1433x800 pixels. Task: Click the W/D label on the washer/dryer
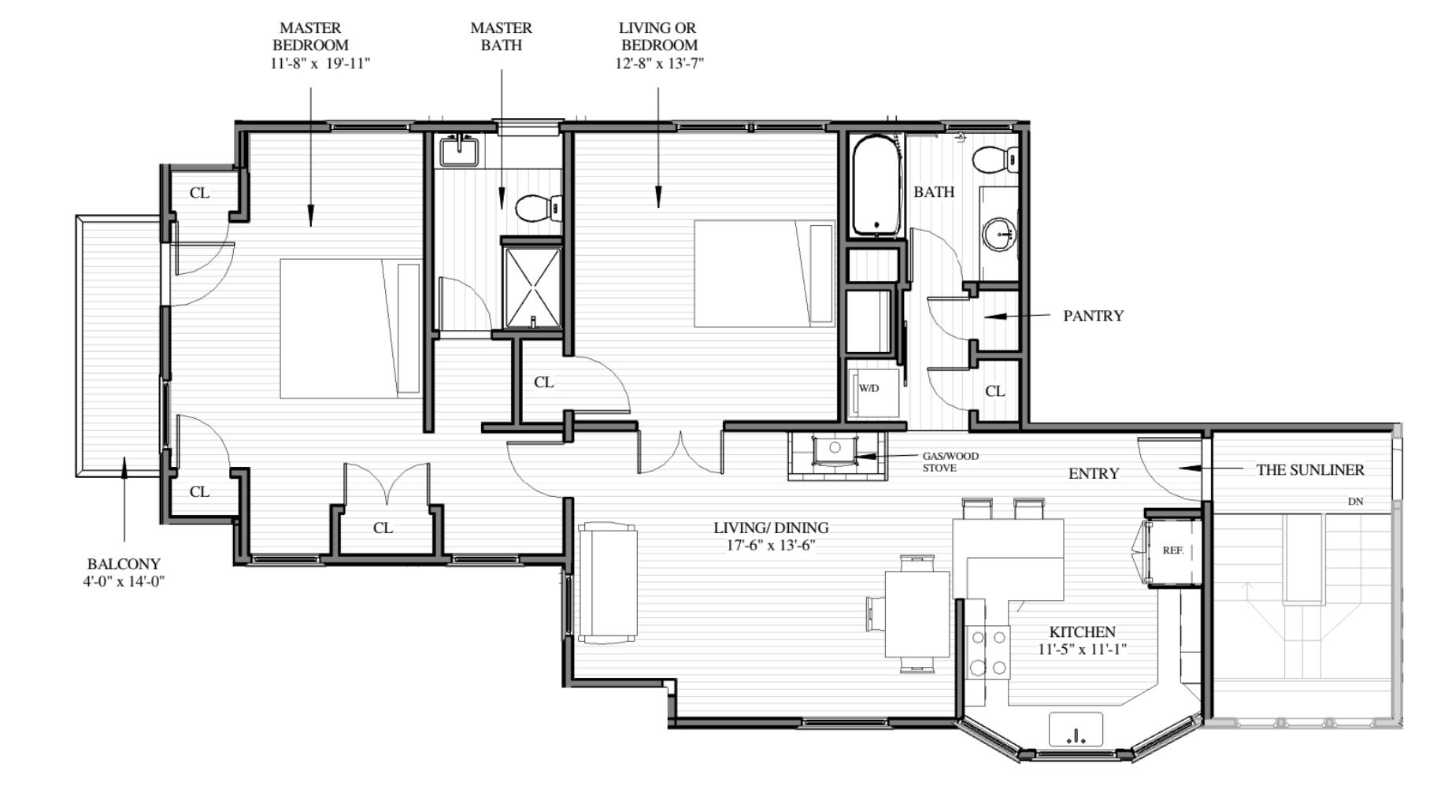[868, 388]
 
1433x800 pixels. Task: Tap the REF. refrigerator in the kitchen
[1173, 551]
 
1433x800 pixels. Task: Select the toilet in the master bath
[539, 209]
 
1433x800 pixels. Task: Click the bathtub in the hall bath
[876, 187]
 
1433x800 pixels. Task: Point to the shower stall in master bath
[533, 287]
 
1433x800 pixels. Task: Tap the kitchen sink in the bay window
[1076, 730]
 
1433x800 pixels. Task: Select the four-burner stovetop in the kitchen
[988, 653]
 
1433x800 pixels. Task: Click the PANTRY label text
[1093, 316]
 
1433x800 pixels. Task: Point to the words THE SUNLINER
[1310, 470]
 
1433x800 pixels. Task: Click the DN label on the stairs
[1355, 502]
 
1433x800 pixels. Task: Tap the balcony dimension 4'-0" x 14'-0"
[124, 582]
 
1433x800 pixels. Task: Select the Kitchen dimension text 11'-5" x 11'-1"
[1082, 650]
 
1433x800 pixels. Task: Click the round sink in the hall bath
[1001, 234]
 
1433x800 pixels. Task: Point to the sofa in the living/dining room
[607, 583]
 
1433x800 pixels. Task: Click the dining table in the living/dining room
[917, 614]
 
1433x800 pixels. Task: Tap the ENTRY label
[1094, 474]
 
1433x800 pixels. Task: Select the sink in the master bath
[460, 150]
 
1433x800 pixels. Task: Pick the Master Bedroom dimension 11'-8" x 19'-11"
[320, 64]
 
